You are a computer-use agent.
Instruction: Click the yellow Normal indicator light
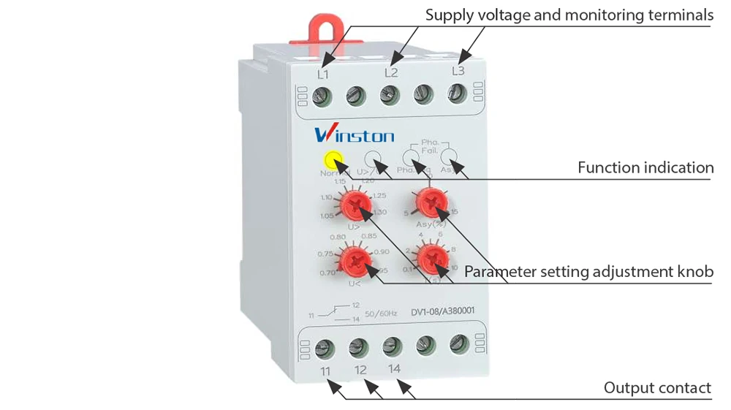coord(333,159)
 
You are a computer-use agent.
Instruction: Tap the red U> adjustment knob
coord(356,204)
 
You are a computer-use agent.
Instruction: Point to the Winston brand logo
coord(355,135)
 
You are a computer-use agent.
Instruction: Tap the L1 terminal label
coord(322,75)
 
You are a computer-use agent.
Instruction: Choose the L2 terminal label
coord(391,72)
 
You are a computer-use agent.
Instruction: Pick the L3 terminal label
coord(458,71)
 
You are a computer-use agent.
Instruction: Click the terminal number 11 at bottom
coord(325,371)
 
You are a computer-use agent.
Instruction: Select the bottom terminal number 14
coord(394,368)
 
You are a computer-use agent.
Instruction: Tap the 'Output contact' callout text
coord(657,388)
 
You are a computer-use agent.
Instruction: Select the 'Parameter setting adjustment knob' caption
coord(588,272)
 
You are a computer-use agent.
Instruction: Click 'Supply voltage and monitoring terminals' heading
coord(569,15)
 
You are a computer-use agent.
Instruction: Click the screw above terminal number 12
coord(357,347)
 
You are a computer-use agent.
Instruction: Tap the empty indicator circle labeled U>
coord(373,158)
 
